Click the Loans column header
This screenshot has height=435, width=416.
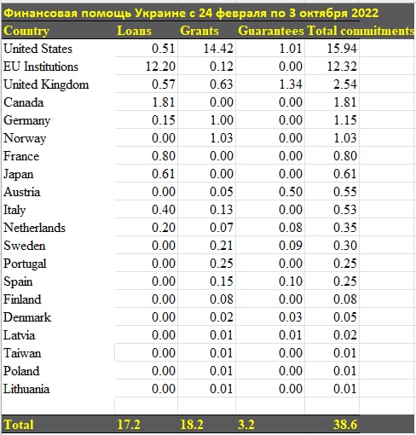(x=134, y=31)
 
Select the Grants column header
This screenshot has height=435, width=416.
(x=199, y=31)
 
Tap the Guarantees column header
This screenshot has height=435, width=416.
(x=271, y=31)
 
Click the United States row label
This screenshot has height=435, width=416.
(x=38, y=49)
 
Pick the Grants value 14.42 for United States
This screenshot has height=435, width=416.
(x=218, y=49)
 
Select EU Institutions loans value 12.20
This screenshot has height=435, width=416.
(x=160, y=67)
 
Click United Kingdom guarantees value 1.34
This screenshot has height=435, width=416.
(x=291, y=84)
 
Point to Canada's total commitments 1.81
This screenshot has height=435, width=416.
(x=345, y=102)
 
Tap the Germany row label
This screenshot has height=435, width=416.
(x=27, y=120)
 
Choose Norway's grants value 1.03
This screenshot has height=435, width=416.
(x=222, y=138)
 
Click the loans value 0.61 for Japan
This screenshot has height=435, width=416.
(x=164, y=174)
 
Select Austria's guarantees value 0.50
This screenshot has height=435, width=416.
(x=291, y=192)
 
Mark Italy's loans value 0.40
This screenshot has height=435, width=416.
(x=164, y=210)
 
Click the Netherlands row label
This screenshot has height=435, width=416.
(x=34, y=228)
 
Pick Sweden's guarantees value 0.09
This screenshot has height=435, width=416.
(x=291, y=246)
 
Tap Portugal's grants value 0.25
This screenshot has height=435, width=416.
(x=222, y=264)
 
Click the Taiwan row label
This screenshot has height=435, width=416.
(x=22, y=353)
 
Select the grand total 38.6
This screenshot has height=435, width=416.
(x=345, y=425)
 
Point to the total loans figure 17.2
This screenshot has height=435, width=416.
(x=129, y=425)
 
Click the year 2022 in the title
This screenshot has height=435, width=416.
(x=365, y=13)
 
